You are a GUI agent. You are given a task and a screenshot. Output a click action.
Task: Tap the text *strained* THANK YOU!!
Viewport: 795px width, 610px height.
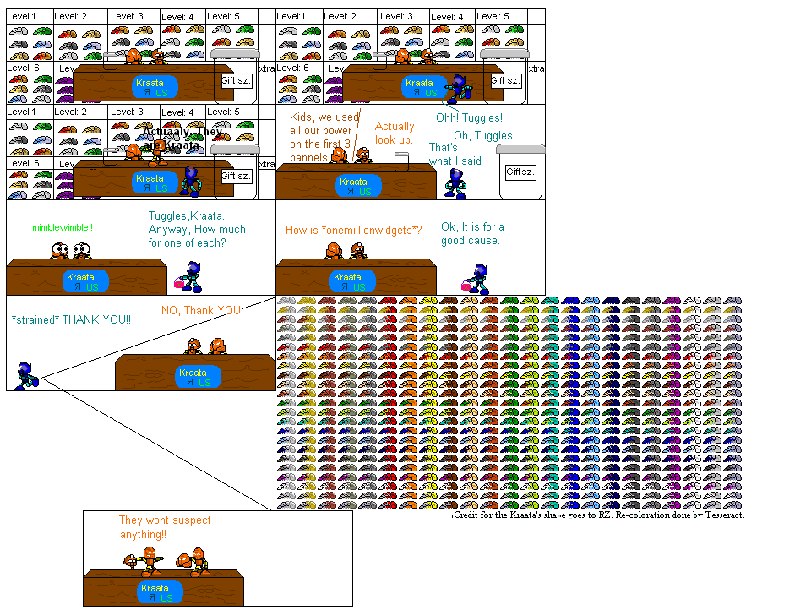click(72, 319)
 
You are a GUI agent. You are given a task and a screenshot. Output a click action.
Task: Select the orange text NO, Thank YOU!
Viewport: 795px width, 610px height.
click(203, 310)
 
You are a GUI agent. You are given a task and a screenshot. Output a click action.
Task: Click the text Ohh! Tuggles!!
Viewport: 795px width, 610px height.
click(470, 118)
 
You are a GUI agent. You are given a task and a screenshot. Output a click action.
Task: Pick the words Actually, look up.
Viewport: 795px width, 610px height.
click(395, 133)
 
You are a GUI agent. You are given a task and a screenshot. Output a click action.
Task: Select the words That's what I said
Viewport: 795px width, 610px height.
click(455, 155)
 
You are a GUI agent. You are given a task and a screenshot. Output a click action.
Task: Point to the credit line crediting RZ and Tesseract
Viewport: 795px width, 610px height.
click(598, 515)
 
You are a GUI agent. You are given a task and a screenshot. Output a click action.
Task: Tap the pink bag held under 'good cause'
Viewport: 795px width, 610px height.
click(466, 285)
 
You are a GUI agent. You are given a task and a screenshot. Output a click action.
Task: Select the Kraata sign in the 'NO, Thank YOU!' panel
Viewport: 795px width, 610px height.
click(193, 377)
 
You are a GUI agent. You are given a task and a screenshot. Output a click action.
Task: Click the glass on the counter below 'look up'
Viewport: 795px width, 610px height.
click(402, 161)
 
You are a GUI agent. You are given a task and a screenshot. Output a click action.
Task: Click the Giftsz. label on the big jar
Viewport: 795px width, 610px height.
click(520, 172)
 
